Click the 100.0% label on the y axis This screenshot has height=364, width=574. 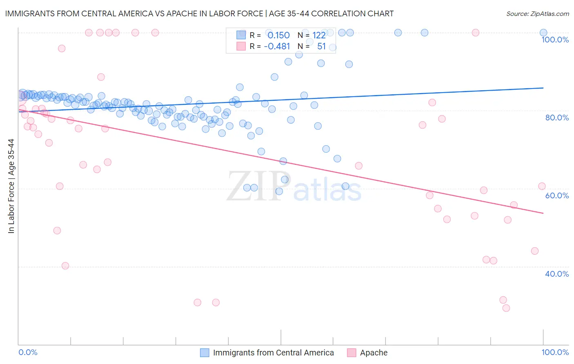point(555,40)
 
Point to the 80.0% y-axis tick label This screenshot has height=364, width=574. point(557,118)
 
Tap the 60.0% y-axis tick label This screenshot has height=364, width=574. point(557,195)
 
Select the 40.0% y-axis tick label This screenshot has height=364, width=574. point(557,274)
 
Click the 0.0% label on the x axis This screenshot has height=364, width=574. point(28,352)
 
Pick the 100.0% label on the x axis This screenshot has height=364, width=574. point(555,352)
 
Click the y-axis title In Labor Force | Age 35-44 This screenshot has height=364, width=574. point(11,186)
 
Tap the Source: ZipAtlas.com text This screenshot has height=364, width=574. point(537,14)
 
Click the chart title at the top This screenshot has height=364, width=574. point(199,13)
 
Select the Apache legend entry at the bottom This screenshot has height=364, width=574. point(374,353)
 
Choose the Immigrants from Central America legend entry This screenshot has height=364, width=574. point(273,353)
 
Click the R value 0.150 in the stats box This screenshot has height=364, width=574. point(278,36)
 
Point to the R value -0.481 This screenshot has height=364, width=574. point(277,47)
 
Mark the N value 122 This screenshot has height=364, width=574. point(319,36)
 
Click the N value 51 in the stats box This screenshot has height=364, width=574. point(321,47)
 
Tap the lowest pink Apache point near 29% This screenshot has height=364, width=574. point(506,308)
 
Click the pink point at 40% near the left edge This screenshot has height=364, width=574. point(65,266)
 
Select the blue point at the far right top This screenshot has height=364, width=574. point(543,33)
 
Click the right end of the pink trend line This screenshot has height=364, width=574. point(543,213)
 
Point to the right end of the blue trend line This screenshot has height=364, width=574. point(543,88)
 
